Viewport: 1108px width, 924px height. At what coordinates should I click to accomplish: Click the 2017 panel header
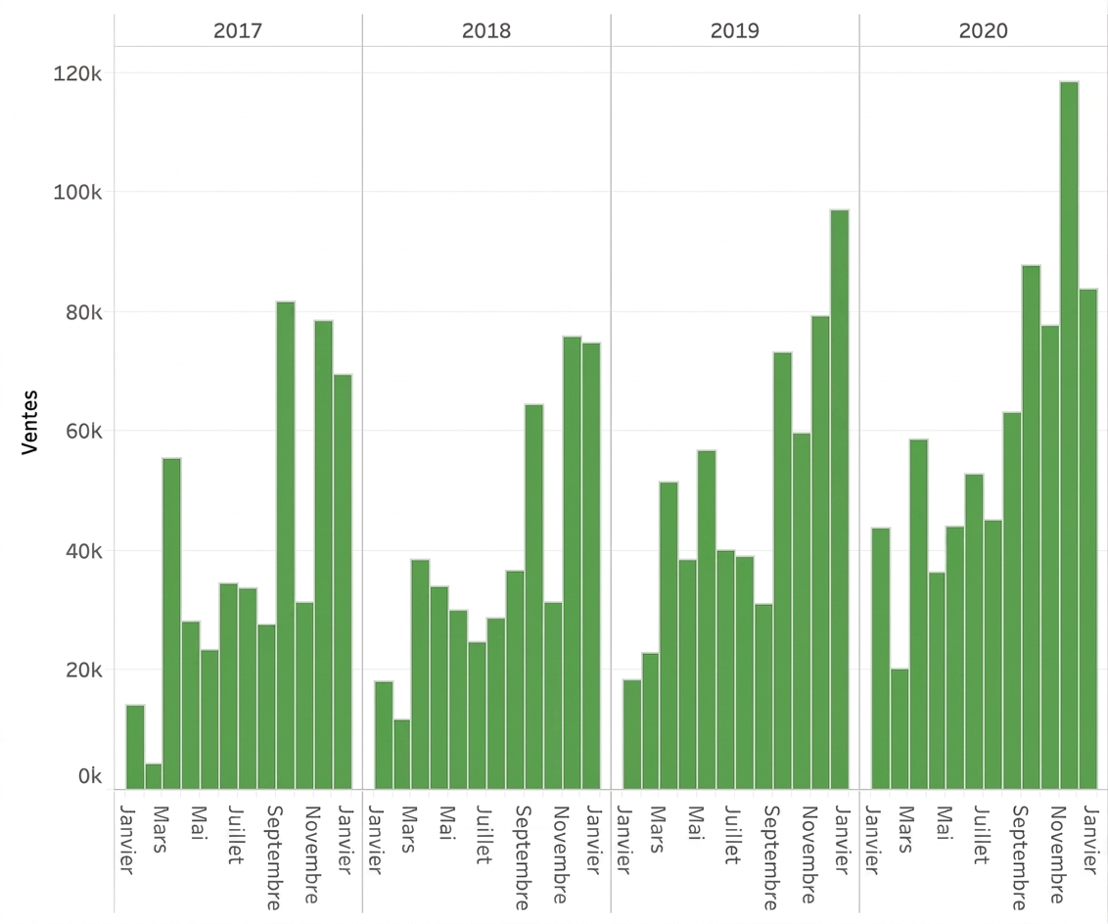click(x=238, y=30)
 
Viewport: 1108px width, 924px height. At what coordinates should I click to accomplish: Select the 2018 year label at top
click(x=486, y=30)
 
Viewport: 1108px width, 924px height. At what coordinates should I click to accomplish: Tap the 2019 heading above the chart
click(x=735, y=30)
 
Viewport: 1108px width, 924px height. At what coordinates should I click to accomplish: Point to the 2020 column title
click(x=984, y=30)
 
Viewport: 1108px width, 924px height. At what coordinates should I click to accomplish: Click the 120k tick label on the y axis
click(x=77, y=73)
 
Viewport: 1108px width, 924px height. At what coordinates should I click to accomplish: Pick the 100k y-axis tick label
click(x=77, y=192)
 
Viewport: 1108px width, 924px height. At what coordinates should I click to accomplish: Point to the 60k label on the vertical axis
click(x=84, y=431)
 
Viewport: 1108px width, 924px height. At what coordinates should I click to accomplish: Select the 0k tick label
click(x=90, y=776)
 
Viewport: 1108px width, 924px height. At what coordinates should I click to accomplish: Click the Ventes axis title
click(x=29, y=422)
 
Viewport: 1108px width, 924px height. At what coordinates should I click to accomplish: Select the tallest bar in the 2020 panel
click(x=1069, y=436)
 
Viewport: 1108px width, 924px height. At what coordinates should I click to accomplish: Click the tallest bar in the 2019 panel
click(x=840, y=499)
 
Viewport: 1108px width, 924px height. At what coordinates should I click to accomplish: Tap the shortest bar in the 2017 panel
click(x=154, y=776)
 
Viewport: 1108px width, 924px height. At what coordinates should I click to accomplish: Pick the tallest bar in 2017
click(x=286, y=545)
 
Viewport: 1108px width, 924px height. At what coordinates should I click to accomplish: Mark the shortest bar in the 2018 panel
click(x=402, y=754)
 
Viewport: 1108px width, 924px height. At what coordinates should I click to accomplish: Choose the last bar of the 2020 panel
click(x=1088, y=539)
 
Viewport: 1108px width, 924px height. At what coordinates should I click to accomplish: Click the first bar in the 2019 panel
click(x=631, y=734)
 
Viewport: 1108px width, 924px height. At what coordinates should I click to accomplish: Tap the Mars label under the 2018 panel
click(x=408, y=829)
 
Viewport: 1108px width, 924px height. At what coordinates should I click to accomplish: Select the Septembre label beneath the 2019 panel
click(x=771, y=857)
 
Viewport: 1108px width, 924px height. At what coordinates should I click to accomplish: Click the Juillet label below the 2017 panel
click(x=235, y=835)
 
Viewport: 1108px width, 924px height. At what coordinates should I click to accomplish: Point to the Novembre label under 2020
click(x=1057, y=855)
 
